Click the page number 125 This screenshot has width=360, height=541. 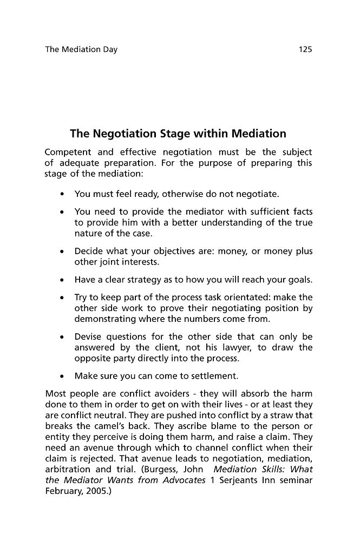[x=305, y=50]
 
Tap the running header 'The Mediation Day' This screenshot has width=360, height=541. [x=81, y=50]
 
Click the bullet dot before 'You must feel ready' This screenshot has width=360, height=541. [x=64, y=193]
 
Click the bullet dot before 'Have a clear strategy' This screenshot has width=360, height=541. [x=64, y=280]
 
